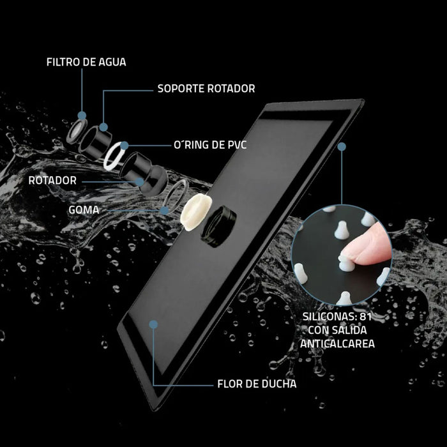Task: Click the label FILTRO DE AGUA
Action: pyautogui.click(x=86, y=62)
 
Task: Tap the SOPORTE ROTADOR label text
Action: pyautogui.click(x=206, y=89)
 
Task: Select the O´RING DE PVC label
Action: pyautogui.click(x=210, y=144)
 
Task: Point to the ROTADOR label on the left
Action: pyautogui.click(x=52, y=181)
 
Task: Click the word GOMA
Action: pyautogui.click(x=84, y=210)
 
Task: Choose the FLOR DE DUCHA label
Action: pyautogui.click(x=257, y=384)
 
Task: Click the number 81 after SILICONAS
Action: pyautogui.click(x=365, y=317)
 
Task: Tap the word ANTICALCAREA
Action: pyautogui.click(x=337, y=344)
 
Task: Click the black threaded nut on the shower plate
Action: pyautogui.click(x=218, y=227)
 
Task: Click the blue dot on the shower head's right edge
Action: pyautogui.click(x=342, y=147)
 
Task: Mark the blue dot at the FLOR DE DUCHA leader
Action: pyautogui.click(x=153, y=324)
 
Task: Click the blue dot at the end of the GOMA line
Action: pyautogui.click(x=164, y=211)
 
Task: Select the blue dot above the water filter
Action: pyautogui.click(x=82, y=116)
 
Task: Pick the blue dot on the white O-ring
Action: pyautogui.click(x=125, y=146)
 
